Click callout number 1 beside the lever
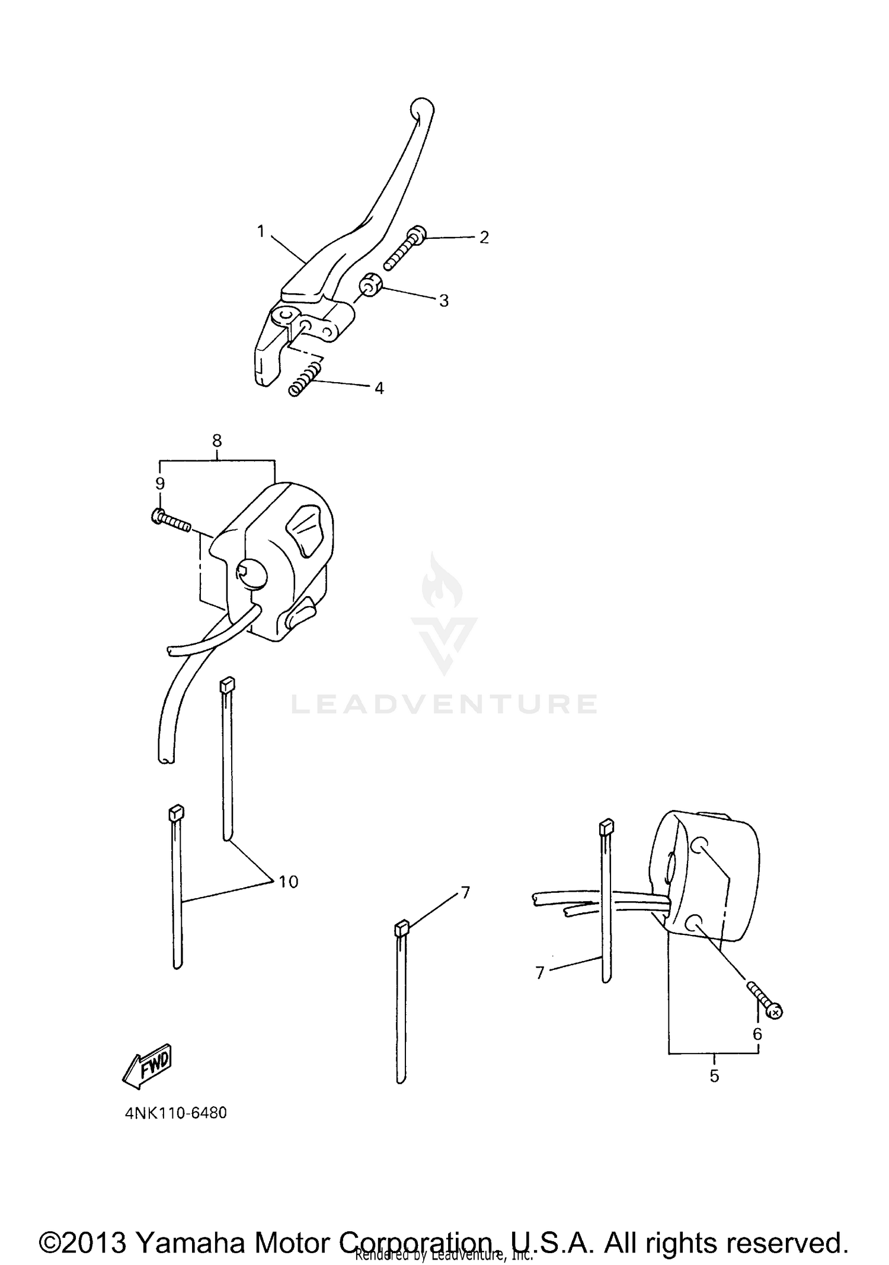pos(260,232)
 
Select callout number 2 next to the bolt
pos(484,238)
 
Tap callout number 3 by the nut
pos(444,300)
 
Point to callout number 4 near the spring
pos(379,388)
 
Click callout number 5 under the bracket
pos(714,1075)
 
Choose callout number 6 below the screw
pos(757,1034)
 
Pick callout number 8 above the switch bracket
pos(217,440)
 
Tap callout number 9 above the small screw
pos(160,483)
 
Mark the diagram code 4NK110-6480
pos(175,1113)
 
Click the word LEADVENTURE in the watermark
pos(444,704)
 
